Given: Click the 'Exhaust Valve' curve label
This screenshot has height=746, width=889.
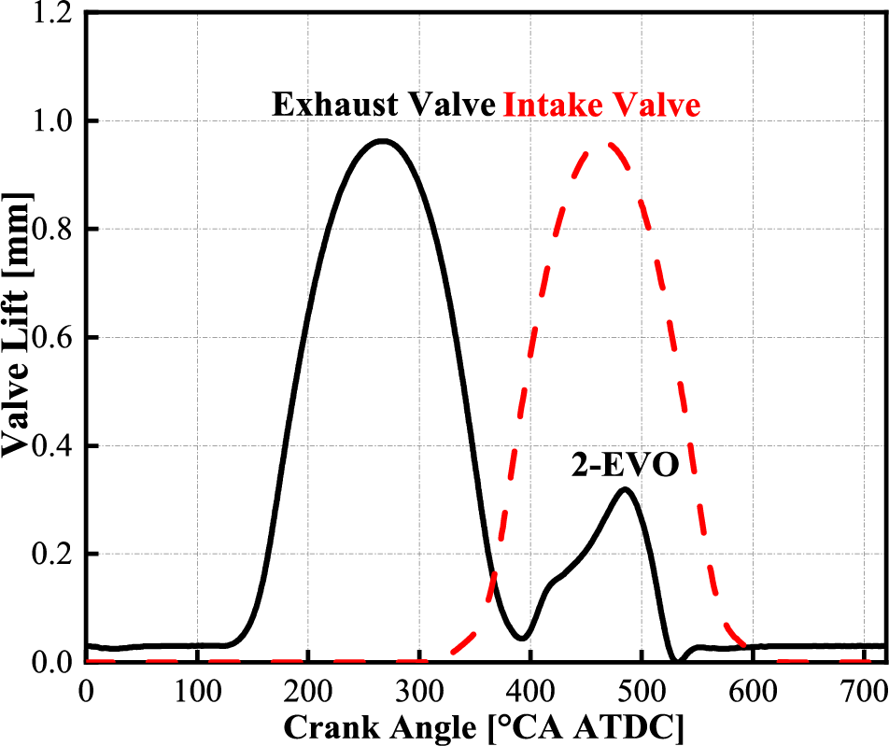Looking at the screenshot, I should point(383,105).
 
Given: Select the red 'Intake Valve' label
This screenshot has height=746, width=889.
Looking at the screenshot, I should point(601,105).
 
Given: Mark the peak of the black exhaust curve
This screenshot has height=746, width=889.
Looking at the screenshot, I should point(382,141).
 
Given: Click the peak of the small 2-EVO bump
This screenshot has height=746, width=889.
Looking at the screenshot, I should point(625,489).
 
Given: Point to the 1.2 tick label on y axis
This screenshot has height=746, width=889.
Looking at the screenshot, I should point(52,14).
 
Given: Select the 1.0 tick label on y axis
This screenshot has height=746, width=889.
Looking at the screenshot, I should point(52,121).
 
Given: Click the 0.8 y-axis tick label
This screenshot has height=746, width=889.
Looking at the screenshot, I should point(52,230).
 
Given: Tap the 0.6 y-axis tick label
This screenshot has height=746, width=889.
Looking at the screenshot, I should point(52,338).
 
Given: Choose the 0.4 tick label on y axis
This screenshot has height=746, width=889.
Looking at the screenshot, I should point(52,446).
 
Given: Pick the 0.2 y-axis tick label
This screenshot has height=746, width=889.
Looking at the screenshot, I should point(52,555).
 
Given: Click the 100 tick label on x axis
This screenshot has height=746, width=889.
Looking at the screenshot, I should point(197,691).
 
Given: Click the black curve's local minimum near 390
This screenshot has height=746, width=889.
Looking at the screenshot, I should point(522,639).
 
